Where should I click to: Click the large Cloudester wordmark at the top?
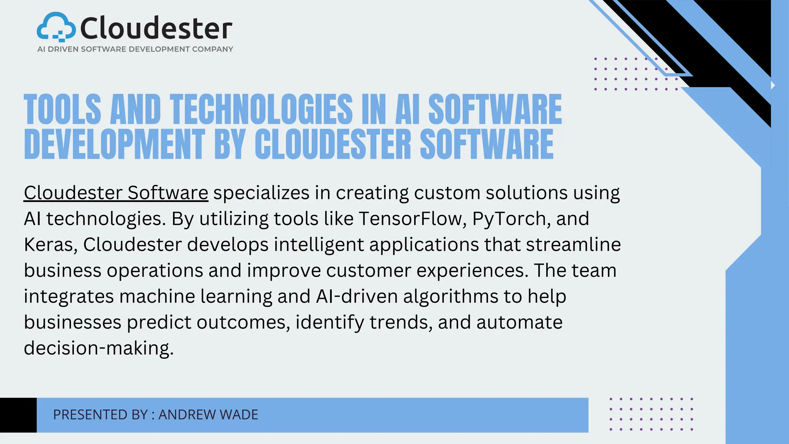(156, 29)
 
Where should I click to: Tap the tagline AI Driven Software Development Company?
(135, 49)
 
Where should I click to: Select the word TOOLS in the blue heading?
(62, 109)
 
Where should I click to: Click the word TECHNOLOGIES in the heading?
(261, 109)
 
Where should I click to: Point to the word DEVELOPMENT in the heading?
(114, 144)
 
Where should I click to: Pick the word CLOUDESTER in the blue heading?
(333, 144)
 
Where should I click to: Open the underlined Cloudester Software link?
(116, 193)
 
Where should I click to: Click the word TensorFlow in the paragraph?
(410, 219)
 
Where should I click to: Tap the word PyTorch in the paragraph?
(508, 219)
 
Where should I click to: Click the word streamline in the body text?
(573, 244)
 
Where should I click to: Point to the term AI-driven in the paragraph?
(357, 296)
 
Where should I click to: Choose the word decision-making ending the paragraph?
(99, 348)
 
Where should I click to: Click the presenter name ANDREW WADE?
(208, 415)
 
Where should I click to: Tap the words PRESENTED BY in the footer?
(100, 415)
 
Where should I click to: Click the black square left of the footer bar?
(18, 415)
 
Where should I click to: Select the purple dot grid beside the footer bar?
(651, 414)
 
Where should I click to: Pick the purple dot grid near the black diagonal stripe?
(636, 74)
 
